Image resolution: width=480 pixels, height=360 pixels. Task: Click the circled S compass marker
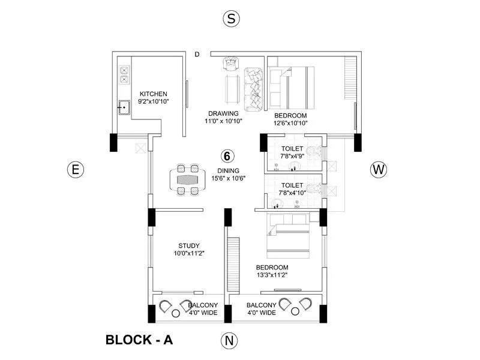(x=231, y=19)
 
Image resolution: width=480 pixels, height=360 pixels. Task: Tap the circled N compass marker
(x=229, y=341)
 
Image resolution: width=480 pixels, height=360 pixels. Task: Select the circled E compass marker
(x=75, y=170)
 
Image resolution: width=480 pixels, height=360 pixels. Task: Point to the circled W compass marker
(x=378, y=170)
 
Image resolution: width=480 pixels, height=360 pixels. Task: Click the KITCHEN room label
(x=153, y=94)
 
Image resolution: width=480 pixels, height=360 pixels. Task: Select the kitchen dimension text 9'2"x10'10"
(x=153, y=102)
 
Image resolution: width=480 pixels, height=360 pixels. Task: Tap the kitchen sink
(x=124, y=108)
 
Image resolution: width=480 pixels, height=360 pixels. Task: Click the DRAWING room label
(x=223, y=113)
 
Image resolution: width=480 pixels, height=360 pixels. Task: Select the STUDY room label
(x=189, y=245)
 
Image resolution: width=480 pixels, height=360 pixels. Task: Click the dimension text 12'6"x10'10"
(x=290, y=123)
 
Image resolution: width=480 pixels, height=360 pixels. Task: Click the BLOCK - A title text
(x=139, y=340)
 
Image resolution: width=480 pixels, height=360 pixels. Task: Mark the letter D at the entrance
(x=197, y=55)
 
